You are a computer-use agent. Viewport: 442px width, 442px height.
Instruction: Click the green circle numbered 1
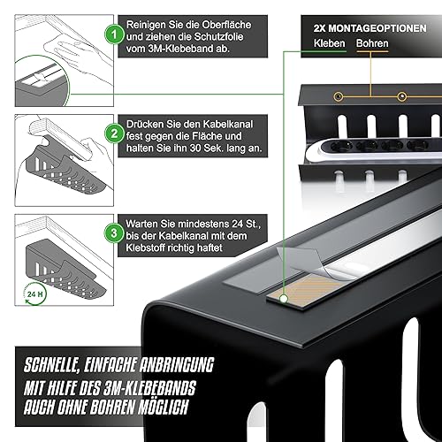pos(114,34)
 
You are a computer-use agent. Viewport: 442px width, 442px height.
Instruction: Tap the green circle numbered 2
pos(114,133)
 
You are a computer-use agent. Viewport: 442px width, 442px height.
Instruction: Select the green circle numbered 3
pos(114,233)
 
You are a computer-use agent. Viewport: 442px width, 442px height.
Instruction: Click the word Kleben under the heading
pos(329,43)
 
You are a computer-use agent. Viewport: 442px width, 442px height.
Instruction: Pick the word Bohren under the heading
pos(372,43)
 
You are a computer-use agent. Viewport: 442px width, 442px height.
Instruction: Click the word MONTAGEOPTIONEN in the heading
pos(377,28)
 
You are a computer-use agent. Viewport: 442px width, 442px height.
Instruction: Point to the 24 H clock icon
pos(34,293)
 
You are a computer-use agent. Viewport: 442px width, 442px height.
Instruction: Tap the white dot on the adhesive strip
pos(284,299)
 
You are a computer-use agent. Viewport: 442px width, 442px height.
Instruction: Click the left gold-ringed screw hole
pos(339,96)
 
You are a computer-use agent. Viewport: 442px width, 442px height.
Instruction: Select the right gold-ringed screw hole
pos(402,96)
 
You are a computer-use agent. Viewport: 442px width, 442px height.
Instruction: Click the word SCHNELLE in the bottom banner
pos(51,365)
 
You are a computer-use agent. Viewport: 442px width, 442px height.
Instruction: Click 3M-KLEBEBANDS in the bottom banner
pos(149,387)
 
